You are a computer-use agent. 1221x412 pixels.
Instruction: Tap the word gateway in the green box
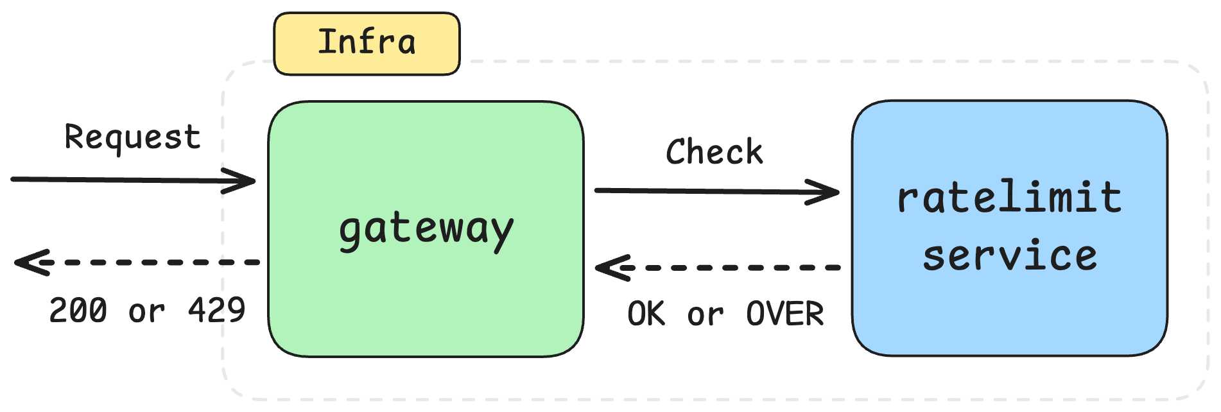click(426, 230)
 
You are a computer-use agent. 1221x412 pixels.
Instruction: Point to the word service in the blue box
click(1010, 256)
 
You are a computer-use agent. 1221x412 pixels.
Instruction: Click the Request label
click(132, 137)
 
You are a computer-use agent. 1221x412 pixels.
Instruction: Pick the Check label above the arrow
click(714, 153)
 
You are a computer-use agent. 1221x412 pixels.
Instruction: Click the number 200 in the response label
click(78, 311)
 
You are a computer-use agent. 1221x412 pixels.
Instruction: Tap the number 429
click(216, 311)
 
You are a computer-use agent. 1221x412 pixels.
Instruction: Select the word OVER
click(784, 314)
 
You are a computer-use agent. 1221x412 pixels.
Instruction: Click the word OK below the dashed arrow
click(646, 314)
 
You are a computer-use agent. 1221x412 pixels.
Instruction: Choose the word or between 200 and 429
click(147, 313)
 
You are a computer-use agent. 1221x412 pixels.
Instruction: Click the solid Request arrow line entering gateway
click(116, 180)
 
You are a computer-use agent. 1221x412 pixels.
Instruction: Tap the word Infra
click(367, 42)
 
